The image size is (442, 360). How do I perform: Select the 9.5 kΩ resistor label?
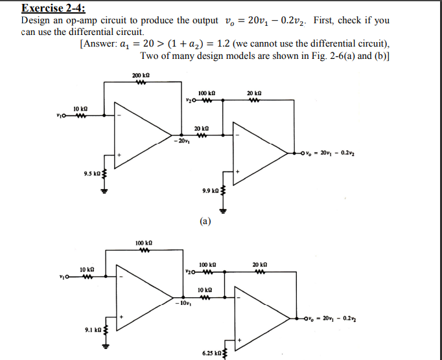(x=91, y=173)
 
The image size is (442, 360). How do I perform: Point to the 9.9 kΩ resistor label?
(x=211, y=191)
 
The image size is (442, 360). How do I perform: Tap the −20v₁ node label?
(x=181, y=141)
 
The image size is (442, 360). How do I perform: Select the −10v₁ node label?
(x=182, y=303)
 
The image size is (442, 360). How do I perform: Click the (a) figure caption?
(x=205, y=221)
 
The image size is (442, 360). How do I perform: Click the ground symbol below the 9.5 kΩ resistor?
(x=102, y=191)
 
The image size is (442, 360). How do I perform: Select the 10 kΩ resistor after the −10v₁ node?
(x=205, y=290)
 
